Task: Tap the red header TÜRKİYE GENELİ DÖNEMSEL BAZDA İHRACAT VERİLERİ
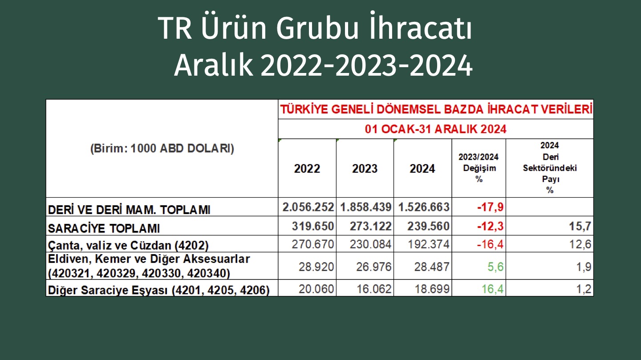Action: (436, 109)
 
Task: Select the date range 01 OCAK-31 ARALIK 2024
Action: (435, 129)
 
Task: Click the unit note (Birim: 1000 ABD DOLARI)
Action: (162, 149)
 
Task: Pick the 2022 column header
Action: (307, 169)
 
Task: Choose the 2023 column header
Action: (365, 169)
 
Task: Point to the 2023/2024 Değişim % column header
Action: (479, 168)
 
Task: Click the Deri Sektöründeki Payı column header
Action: (550, 168)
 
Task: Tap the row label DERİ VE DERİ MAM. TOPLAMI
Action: (129, 210)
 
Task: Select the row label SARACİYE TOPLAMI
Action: (104, 228)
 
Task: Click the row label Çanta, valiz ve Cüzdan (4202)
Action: (128, 245)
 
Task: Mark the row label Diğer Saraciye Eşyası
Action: (159, 290)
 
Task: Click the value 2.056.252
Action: (308, 207)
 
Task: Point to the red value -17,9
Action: (491, 207)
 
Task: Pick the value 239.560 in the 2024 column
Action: (428, 227)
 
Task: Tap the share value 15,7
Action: (580, 227)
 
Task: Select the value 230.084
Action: (370, 244)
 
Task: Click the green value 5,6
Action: (495, 267)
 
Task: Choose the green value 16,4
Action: (492, 289)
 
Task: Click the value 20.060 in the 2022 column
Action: (316, 289)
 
